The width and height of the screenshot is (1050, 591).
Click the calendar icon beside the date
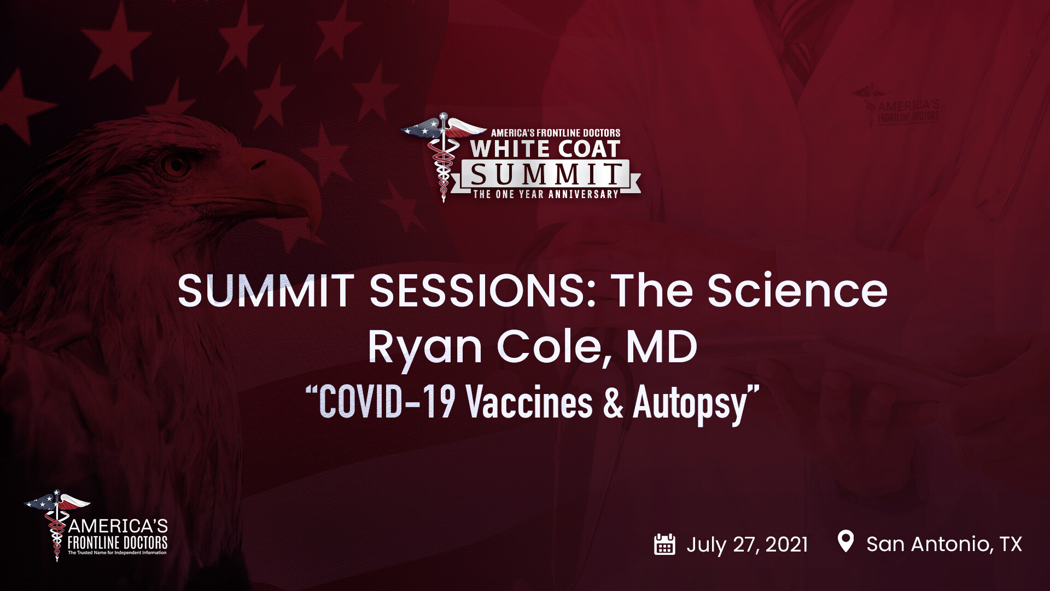coord(664,544)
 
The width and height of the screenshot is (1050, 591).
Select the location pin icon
coord(845,541)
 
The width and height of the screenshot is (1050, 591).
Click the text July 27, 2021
coord(747,545)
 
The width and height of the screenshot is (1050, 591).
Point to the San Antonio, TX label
coord(944,544)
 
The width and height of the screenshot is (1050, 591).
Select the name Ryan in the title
coord(424,348)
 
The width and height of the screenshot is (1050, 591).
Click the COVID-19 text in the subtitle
coord(387,403)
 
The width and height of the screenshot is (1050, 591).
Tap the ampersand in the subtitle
coord(613,403)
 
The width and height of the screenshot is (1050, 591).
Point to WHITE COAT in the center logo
coord(545,149)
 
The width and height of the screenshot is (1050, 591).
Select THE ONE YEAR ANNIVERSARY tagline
coord(546,194)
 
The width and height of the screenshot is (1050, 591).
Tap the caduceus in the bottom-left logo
coord(56,525)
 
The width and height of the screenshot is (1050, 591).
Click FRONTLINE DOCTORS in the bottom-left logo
coord(118,543)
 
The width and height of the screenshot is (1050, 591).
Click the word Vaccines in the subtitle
coord(529,403)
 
